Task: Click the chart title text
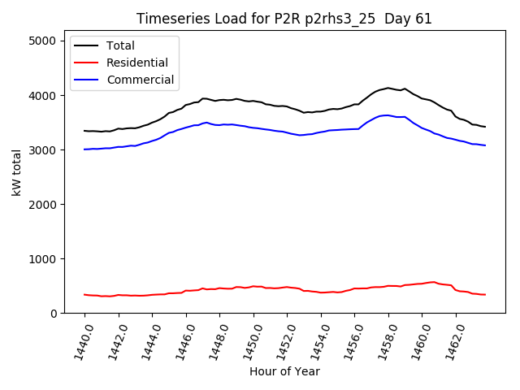[284, 19]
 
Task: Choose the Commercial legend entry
[139, 80]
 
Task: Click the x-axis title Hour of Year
[284, 371]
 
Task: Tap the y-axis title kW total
[15, 171]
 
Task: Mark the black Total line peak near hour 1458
[388, 88]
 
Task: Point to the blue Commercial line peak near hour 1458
[388, 115]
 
